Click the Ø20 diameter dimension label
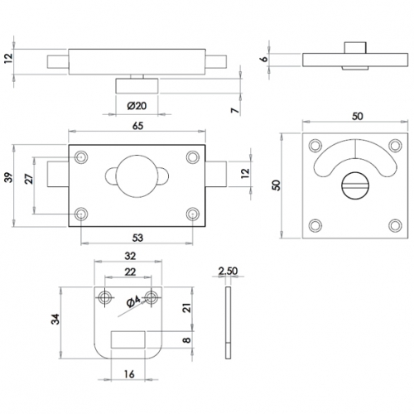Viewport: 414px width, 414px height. [137, 106]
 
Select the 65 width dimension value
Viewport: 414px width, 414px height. [137, 125]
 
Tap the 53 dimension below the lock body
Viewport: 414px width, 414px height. [137, 238]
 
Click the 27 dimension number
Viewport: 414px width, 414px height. [29, 181]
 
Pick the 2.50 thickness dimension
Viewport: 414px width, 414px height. [229, 271]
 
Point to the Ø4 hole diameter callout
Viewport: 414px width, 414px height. [133, 307]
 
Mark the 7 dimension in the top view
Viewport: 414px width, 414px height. [233, 110]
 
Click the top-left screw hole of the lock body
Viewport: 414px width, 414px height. [81, 156]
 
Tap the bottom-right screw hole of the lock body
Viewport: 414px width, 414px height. [194, 214]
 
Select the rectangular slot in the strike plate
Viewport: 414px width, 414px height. [129, 337]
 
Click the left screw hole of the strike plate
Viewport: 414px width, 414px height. [106, 296]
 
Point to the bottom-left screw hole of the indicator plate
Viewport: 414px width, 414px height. [315, 225]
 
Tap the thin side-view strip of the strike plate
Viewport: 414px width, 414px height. [229, 319]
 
